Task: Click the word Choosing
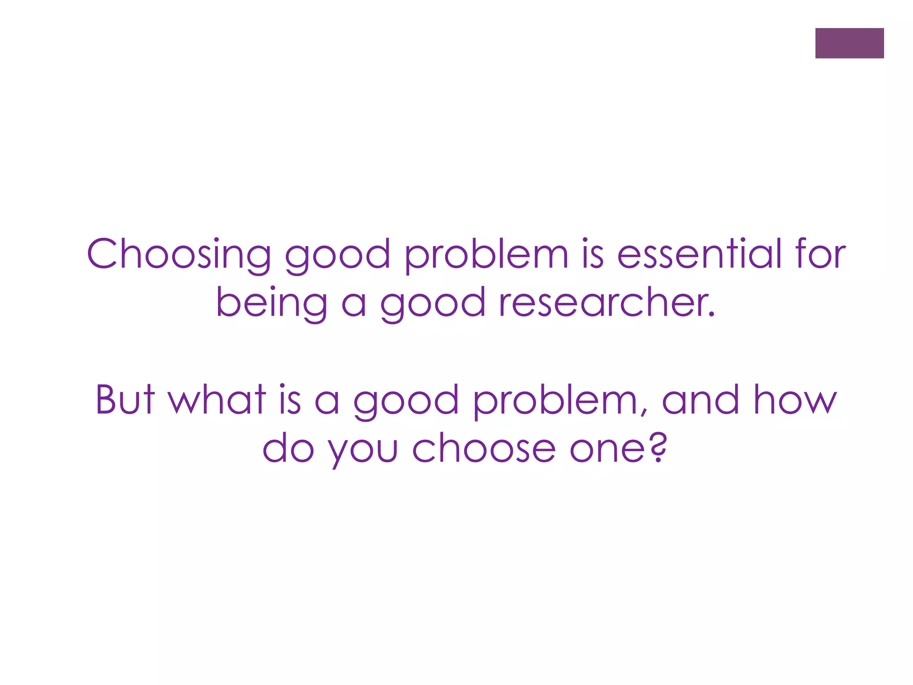coord(179,254)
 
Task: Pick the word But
coord(125,399)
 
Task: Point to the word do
coord(288,448)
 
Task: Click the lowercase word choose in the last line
coord(484,448)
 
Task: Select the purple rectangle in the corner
coord(849,43)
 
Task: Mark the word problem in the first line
coord(486,254)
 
